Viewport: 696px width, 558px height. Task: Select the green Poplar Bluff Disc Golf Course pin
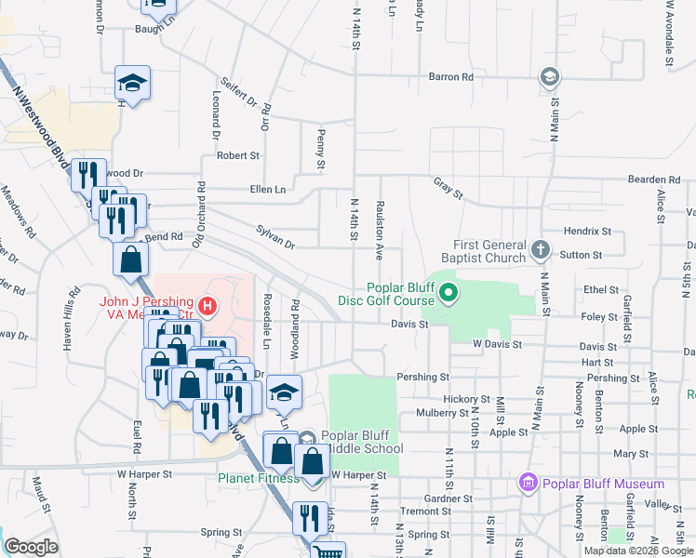click(448, 295)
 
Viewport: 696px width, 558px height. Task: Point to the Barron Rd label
click(451, 76)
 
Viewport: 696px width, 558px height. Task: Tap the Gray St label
click(448, 188)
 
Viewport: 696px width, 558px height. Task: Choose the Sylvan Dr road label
click(275, 238)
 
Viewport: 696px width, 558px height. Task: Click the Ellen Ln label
click(268, 189)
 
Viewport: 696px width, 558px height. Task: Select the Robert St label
click(238, 155)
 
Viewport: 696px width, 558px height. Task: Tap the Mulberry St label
click(441, 412)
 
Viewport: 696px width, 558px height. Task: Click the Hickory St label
click(460, 398)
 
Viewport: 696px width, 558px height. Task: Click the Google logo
click(31, 548)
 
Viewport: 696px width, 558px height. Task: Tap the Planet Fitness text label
click(259, 478)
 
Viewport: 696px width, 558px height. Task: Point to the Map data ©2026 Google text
click(637, 551)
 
